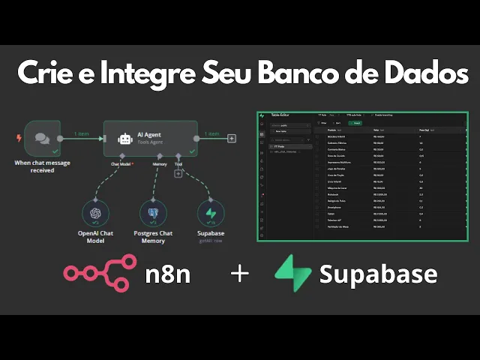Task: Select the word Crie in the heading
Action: pyautogui.click(x=49, y=76)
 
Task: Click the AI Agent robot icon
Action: pyautogui.click(x=125, y=139)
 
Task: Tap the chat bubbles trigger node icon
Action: pyautogui.click(x=42, y=138)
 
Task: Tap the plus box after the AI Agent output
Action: pyautogui.click(x=232, y=138)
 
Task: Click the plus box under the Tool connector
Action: pyautogui.click(x=178, y=174)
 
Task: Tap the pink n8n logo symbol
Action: pyautogui.click(x=100, y=274)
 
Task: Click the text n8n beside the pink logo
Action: pyautogui.click(x=168, y=274)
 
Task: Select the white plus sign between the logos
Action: pyautogui.click(x=240, y=274)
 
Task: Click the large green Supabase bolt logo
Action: pyautogui.click(x=292, y=274)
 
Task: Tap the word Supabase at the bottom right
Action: pyautogui.click(x=378, y=274)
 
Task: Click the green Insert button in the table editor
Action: pyautogui.click(x=357, y=123)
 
